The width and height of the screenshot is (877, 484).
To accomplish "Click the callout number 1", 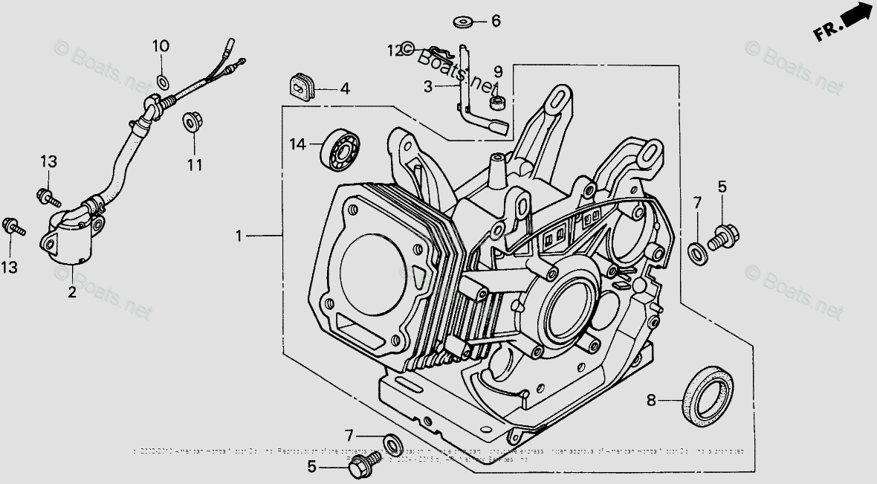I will [239, 236].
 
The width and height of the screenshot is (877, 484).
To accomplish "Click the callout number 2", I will [72, 292].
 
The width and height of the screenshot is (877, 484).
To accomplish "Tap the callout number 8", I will [651, 401].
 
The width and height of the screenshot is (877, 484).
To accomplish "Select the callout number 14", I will [298, 143].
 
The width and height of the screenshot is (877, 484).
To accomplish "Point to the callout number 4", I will [345, 89].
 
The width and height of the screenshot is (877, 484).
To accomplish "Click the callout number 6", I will [496, 21].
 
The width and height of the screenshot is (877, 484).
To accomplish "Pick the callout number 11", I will [194, 165].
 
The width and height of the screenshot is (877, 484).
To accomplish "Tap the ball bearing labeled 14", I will [340, 152].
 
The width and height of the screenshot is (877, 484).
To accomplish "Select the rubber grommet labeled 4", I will [302, 88].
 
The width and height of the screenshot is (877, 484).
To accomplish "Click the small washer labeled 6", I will [465, 22].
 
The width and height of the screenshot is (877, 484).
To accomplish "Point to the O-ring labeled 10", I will [162, 80].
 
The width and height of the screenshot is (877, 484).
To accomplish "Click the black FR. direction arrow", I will [855, 18].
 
